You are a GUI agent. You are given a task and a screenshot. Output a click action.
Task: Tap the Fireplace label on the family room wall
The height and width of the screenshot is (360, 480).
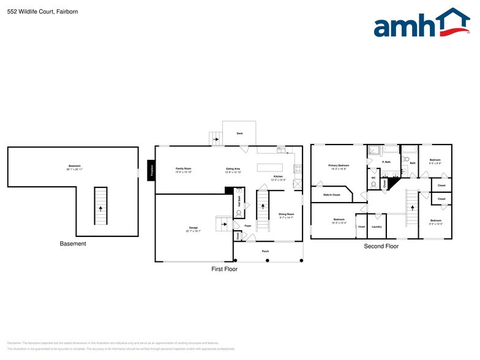point(152,172)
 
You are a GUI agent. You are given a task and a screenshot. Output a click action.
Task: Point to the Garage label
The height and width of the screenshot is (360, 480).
point(193,228)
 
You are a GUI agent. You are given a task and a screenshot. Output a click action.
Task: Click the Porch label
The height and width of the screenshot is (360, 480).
point(265,252)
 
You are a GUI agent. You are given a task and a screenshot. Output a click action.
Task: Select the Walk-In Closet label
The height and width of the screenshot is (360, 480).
point(331,195)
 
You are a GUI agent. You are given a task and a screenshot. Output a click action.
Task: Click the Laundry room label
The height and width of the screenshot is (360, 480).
point(377,227)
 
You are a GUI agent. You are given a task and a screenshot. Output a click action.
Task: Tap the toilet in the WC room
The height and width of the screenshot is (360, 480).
point(373,184)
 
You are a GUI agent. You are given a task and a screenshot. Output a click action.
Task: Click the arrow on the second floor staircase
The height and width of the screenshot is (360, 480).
point(412,208)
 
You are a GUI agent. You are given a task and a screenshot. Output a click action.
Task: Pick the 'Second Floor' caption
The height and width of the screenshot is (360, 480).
point(381,246)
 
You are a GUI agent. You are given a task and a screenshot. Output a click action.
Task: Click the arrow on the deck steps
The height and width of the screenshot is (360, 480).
point(216,139)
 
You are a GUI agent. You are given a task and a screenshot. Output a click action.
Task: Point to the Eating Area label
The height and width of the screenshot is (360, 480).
point(233,170)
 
